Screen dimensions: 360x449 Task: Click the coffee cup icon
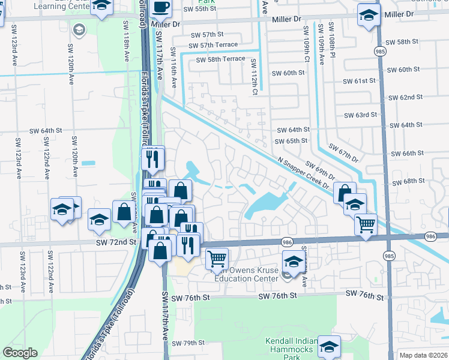160,7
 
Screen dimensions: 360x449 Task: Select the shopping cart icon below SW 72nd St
217,259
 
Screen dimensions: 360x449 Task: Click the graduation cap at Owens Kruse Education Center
293,262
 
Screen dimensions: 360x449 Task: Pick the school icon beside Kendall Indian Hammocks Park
329,346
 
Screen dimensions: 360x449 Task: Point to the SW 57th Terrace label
212,45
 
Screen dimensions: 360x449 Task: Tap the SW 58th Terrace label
217,59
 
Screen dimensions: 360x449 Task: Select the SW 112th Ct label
254,77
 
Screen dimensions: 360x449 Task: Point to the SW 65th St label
291,141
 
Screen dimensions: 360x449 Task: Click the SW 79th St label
188,343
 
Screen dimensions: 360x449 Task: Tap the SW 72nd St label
116,241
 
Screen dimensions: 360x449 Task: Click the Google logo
20,352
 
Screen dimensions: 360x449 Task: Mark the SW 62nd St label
405,97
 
